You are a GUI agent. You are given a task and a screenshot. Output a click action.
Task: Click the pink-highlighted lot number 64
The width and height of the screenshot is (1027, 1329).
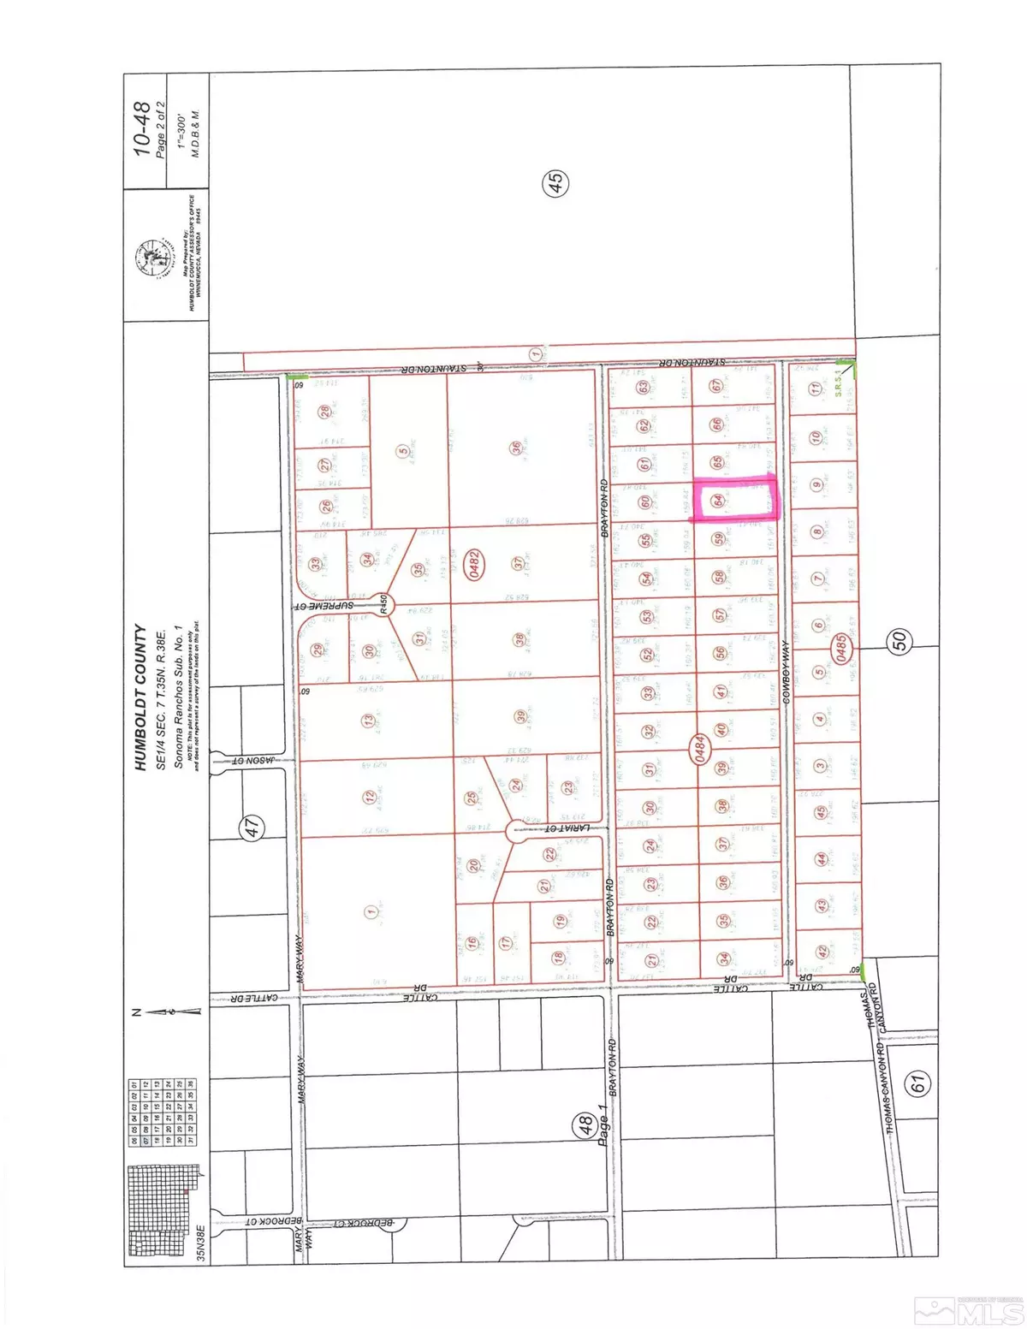tap(718, 500)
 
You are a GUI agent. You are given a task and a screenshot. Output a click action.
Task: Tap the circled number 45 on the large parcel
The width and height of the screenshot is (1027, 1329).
tap(555, 183)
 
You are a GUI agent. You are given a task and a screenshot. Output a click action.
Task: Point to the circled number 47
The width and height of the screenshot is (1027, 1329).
tap(252, 827)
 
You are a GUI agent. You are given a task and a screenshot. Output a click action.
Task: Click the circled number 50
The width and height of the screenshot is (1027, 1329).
tap(901, 640)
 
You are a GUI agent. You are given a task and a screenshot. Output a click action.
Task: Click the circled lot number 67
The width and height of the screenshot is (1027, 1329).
tap(717, 386)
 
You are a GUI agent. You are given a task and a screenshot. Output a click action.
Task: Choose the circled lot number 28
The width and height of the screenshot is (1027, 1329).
tap(324, 412)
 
